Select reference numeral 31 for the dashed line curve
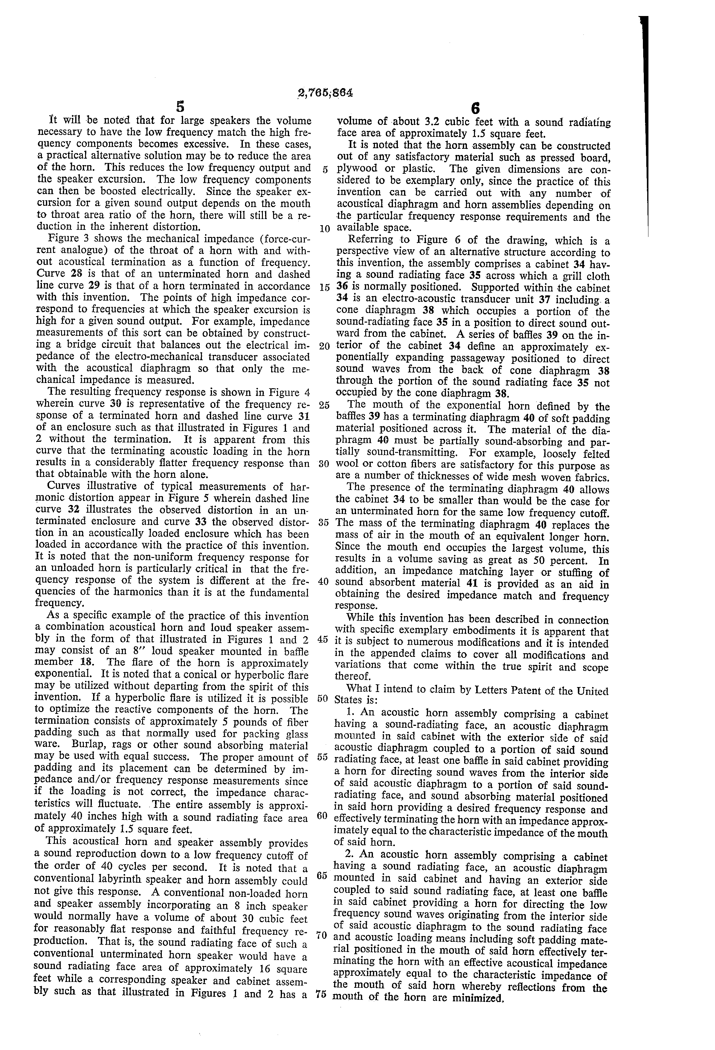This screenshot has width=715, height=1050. tap(301, 416)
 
